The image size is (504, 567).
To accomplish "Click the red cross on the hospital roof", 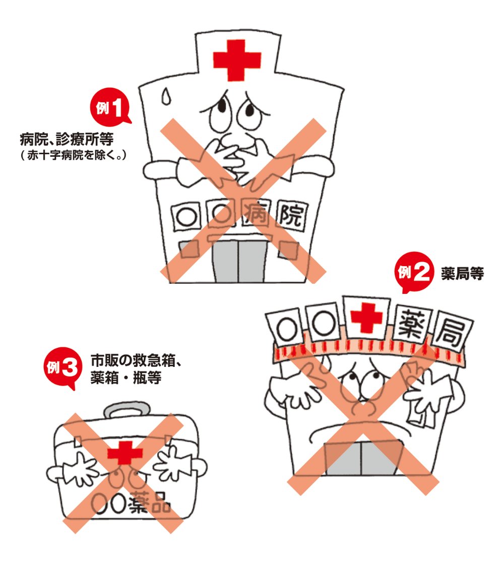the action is pyautogui.click(x=237, y=60).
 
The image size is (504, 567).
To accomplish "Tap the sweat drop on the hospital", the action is pyautogui.click(x=166, y=96).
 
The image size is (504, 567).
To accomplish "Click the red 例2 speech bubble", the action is pyautogui.click(x=413, y=272).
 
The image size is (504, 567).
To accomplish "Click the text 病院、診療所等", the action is pyautogui.click(x=67, y=139).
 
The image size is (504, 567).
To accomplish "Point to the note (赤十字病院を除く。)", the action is pyautogui.click(x=74, y=155).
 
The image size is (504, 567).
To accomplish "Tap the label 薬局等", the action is pyautogui.click(x=462, y=274).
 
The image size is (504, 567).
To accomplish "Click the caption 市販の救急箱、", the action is pyautogui.click(x=136, y=361).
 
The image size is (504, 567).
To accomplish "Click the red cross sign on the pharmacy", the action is pyautogui.click(x=366, y=318).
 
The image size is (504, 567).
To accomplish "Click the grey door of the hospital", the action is pyautogui.click(x=238, y=262).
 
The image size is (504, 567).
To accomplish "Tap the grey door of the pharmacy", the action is pyautogui.click(x=361, y=457).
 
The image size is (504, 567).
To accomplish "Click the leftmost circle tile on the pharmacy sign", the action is pyautogui.click(x=286, y=328).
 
